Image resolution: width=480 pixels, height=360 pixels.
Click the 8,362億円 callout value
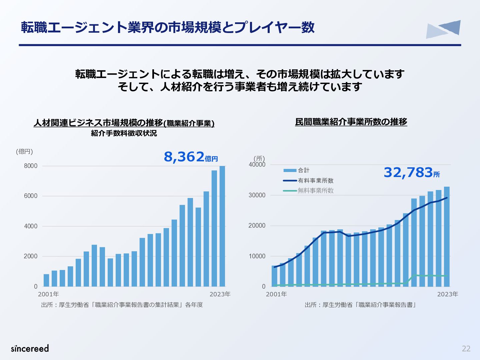click(x=191, y=157)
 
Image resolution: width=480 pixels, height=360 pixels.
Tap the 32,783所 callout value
click(x=412, y=173)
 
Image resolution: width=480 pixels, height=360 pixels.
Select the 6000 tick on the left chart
click(x=31, y=196)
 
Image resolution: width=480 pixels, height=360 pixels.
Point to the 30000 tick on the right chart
click(x=257, y=195)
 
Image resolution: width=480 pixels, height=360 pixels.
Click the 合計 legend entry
click(x=296, y=170)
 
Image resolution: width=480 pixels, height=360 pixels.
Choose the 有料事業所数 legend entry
click(x=308, y=181)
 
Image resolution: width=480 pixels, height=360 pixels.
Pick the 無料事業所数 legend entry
click(x=308, y=191)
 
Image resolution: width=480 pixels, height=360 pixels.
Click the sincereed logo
click(x=30, y=348)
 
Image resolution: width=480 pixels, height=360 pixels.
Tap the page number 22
click(x=466, y=349)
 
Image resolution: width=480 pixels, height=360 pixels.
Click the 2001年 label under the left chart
click(x=48, y=294)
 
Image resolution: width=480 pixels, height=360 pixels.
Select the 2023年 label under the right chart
click(x=448, y=294)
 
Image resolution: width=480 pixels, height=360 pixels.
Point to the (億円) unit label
click(x=24, y=151)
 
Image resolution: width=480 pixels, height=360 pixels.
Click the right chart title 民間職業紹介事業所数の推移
click(x=351, y=122)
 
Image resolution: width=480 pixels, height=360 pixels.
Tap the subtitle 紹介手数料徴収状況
click(x=124, y=133)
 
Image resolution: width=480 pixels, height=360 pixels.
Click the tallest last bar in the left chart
click(x=222, y=226)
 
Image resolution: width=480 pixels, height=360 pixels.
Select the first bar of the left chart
click(x=46, y=280)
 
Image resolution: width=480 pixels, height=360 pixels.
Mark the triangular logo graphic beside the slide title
click(x=443, y=29)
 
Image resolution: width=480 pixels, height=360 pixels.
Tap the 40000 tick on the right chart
click(x=257, y=165)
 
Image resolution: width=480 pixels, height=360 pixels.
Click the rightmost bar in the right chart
click(x=447, y=237)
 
